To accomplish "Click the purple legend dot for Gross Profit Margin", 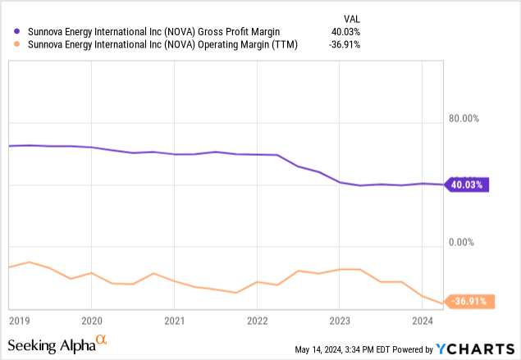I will (18, 32).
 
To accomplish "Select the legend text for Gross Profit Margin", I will (155, 32).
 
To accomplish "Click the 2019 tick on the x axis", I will (21, 321).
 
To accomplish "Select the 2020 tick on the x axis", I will (91, 321).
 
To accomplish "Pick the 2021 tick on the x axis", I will (174, 321).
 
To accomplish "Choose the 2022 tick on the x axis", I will (257, 321).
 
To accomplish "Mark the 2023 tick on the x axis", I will (340, 321).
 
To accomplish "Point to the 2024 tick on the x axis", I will (423, 321).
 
